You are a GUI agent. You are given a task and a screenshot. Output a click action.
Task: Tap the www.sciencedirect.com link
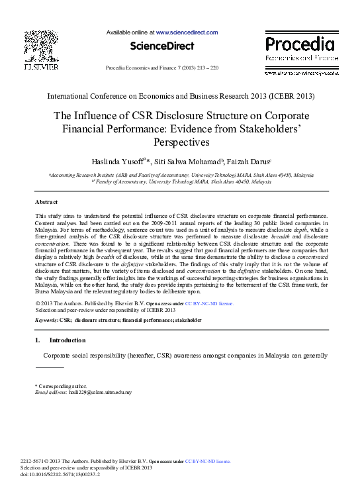(x=187, y=32)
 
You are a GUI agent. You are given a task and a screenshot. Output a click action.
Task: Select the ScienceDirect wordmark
(x=162, y=46)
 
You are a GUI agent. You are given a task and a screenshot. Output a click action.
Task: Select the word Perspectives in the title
(x=180, y=142)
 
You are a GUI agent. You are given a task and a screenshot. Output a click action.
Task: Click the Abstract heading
(x=46, y=202)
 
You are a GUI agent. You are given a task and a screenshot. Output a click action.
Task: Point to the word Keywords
(x=46, y=320)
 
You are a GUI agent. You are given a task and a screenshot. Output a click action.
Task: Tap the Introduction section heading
(x=67, y=340)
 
